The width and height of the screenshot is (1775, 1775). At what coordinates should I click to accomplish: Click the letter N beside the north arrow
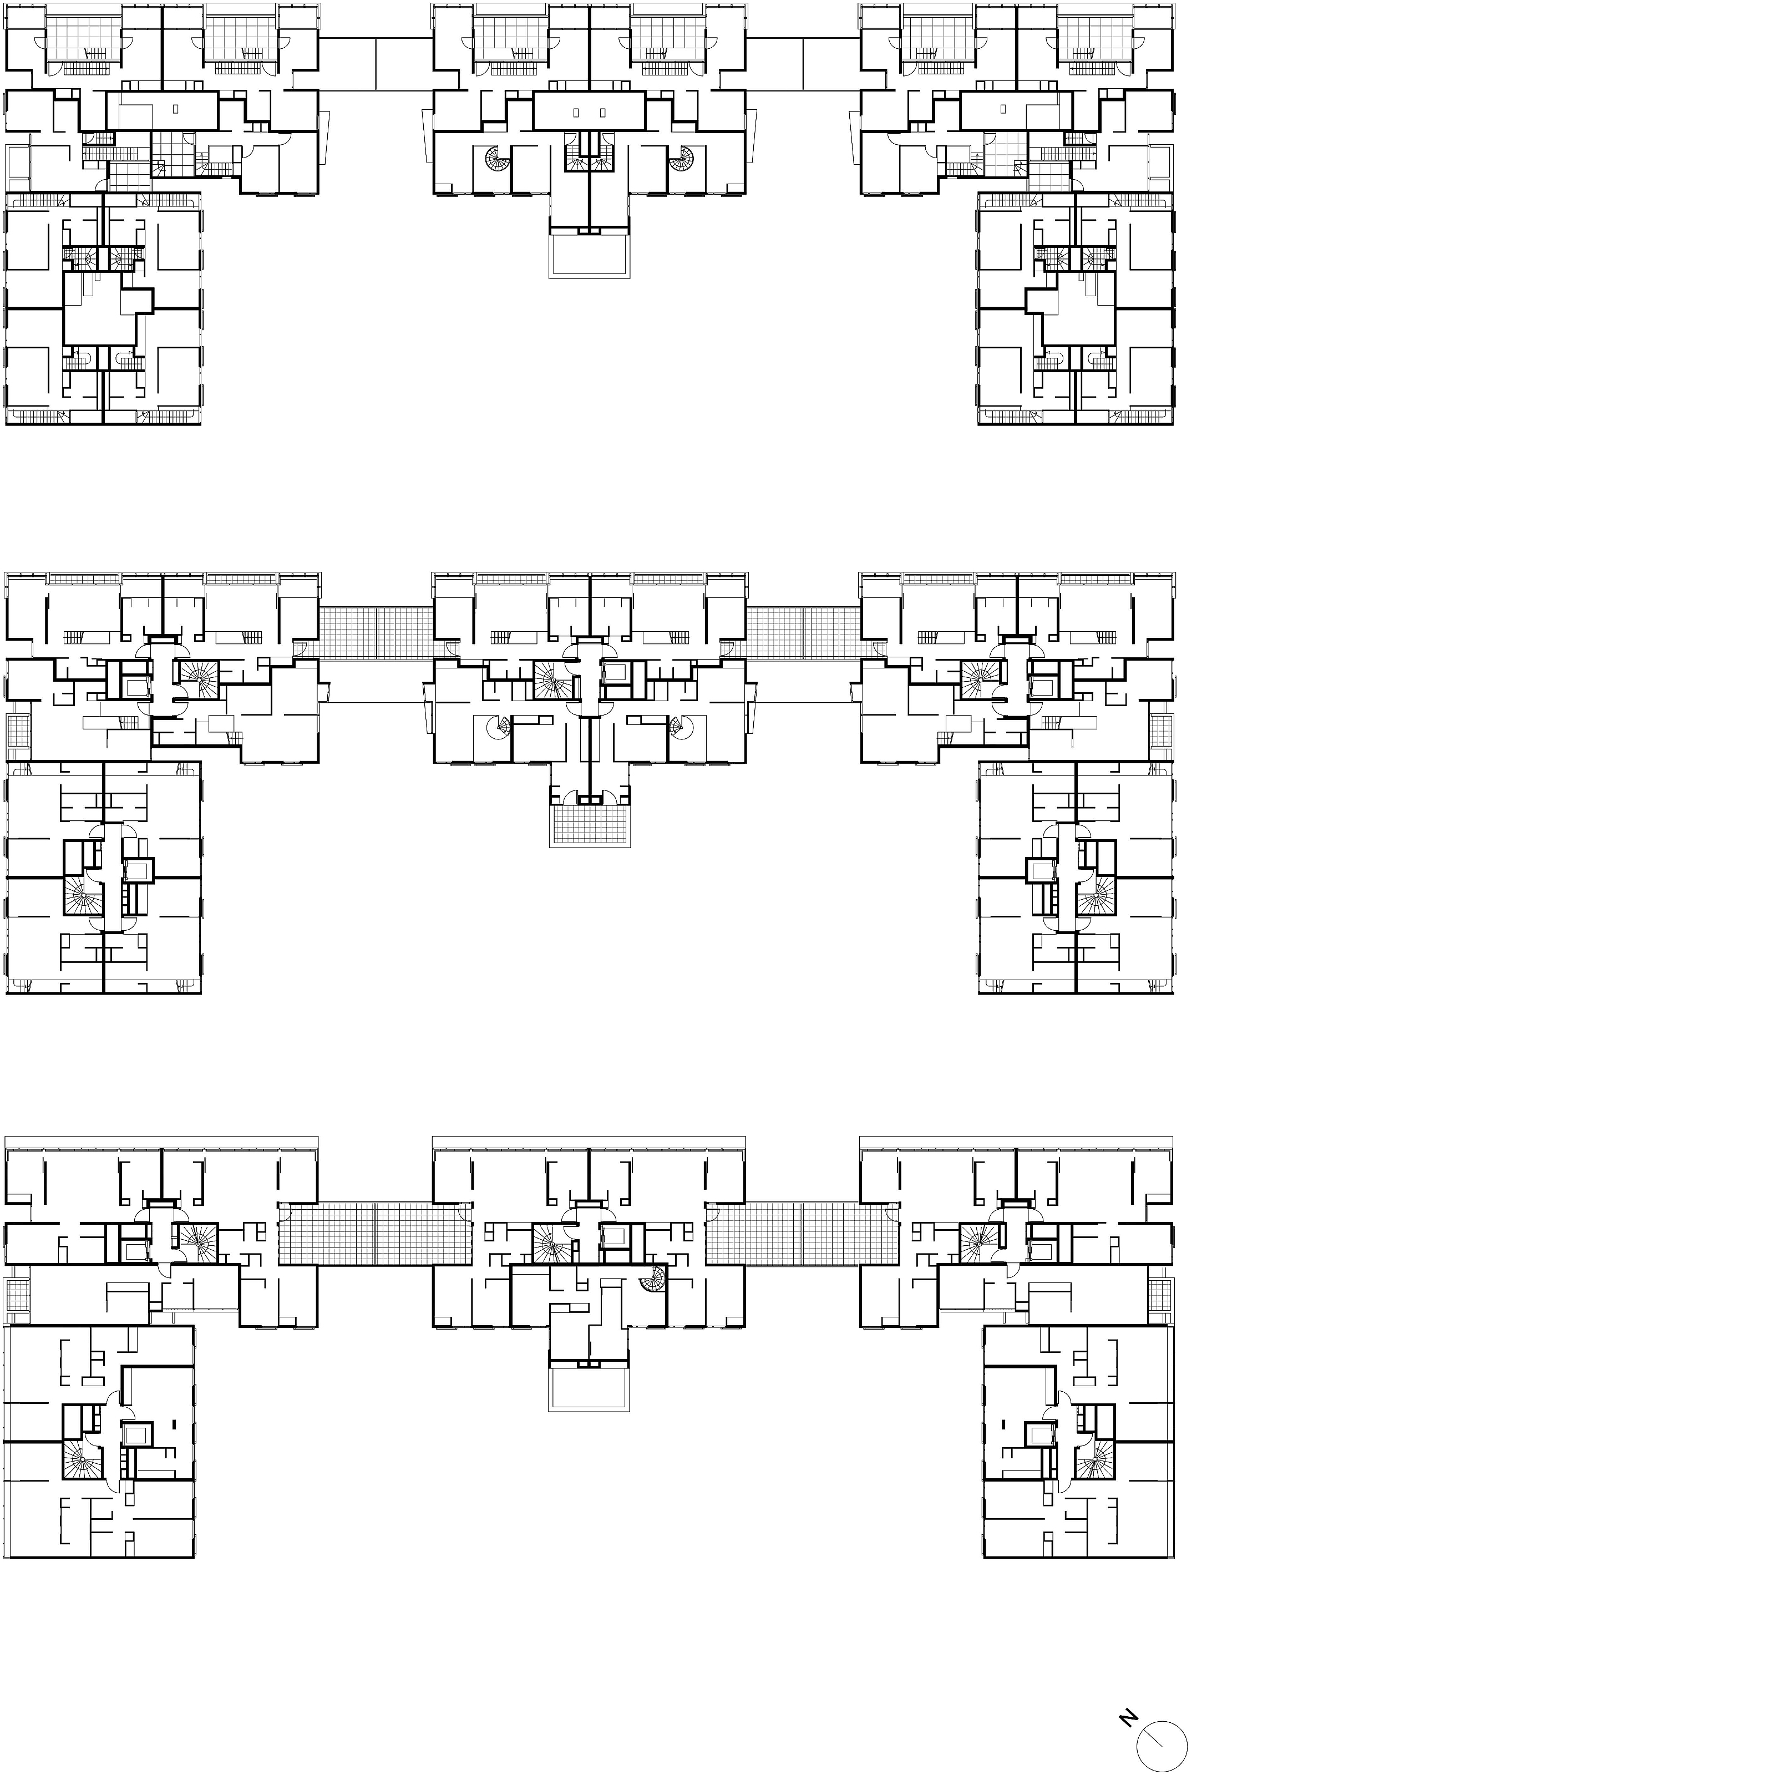tap(1128, 1716)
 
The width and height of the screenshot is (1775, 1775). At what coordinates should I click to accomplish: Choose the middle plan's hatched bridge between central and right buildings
tap(803, 632)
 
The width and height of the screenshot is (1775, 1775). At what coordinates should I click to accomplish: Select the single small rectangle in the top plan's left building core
tap(176, 108)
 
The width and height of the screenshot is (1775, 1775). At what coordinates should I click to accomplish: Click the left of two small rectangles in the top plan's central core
tap(576, 113)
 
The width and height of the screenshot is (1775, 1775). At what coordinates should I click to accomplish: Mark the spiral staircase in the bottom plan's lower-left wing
tap(82, 1459)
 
